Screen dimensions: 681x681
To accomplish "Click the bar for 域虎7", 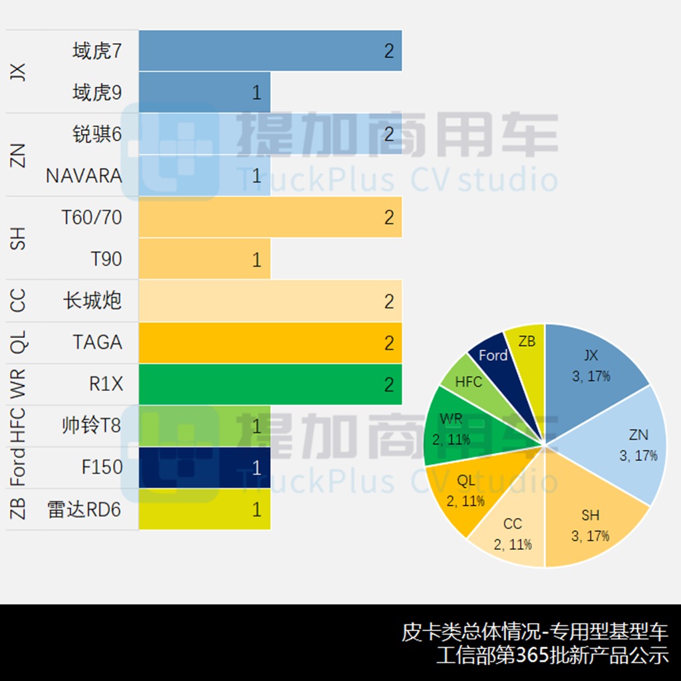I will point(270,51).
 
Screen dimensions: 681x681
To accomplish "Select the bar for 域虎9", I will point(204,92).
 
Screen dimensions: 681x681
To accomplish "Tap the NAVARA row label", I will point(84,176).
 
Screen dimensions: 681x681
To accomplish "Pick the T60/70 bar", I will point(270,217).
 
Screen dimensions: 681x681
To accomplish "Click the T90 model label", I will point(106,259).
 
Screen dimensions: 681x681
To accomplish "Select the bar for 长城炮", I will point(270,301).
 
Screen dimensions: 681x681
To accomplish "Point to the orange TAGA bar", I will point(270,342).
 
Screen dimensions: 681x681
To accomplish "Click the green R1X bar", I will point(270,384).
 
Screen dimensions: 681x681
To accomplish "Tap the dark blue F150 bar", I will point(204,468).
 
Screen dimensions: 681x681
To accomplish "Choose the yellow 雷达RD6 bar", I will point(204,509).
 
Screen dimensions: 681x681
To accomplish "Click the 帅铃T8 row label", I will point(92,426).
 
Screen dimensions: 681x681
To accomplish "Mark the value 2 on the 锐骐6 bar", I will point(389,134).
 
